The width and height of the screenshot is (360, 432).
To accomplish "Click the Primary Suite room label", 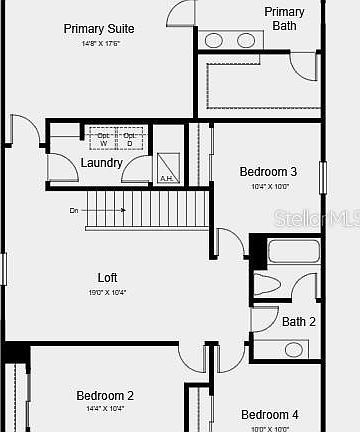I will pos(99,29).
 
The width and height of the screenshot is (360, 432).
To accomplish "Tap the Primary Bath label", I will pos(285,18).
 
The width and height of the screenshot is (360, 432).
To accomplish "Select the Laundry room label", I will pos(102,163).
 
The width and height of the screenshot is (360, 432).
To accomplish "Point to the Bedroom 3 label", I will pos(268,171).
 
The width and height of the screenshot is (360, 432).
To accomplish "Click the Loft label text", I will pos(108,277).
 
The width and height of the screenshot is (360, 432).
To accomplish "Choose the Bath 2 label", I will pos(298,322).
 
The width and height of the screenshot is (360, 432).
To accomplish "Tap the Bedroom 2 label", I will pos(105,396).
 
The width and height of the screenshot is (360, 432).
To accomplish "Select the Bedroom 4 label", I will pos(269,415).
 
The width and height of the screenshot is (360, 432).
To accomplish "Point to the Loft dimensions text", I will pos(108,292).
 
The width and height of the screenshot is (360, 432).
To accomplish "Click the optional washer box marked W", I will pos(103,139).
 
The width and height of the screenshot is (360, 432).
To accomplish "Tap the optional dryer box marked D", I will pos(129,139).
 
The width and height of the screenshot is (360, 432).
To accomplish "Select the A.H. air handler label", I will pos(166,179).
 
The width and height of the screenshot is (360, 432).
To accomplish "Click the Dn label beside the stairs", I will pos(74,211).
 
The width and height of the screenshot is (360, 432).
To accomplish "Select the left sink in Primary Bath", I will pos(214,40).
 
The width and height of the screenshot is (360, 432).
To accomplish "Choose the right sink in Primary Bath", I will pos(246,40).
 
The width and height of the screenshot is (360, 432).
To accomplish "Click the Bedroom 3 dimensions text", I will pos(268,186).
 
